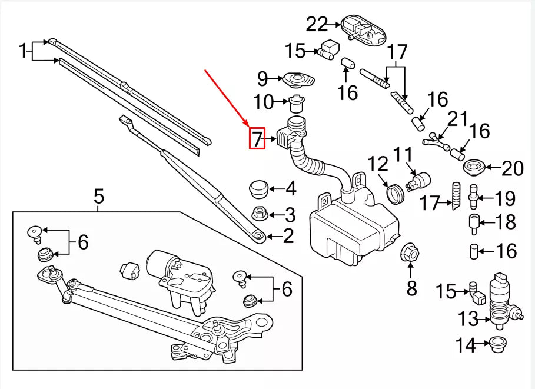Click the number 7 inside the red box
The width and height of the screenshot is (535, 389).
[257, 139]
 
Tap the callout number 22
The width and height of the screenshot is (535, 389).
[317, 25]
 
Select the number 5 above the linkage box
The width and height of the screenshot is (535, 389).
[99, 195]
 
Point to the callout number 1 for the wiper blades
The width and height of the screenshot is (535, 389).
[23, 52]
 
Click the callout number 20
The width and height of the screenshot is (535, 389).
[513, 169]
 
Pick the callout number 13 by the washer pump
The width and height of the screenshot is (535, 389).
[469, 319]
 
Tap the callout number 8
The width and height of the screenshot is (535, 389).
[411, 288]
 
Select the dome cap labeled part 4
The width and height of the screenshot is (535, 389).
[257, 188]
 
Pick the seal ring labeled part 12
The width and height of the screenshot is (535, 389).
[394, 192]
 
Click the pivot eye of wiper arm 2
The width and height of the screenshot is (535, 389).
[257, 236]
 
